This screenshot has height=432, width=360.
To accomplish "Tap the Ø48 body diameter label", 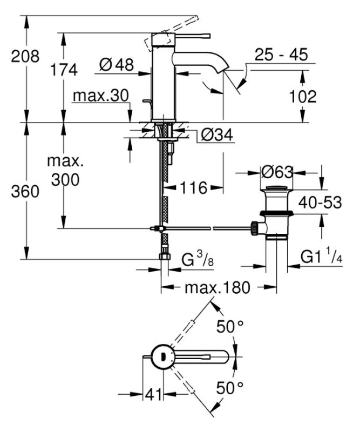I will tap(117, 65).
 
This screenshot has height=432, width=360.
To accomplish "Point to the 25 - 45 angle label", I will tap(281, 55).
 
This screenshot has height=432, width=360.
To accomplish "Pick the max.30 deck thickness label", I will tap(101, 96).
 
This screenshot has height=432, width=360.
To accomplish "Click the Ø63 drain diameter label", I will tap(276, 172).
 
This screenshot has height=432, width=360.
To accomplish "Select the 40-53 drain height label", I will tap(321, 202).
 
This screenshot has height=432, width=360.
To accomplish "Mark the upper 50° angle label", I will tap(230, 326).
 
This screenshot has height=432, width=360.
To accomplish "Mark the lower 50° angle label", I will tap(230, 387).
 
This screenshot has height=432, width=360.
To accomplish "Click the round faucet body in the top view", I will tap(162, 356).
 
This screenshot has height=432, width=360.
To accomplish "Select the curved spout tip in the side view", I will tap(221, 67).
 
